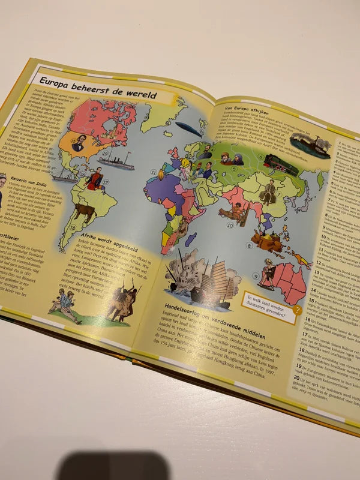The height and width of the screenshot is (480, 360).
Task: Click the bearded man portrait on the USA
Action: pos(79,143)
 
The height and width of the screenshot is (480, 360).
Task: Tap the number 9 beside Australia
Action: pos(256,276)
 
